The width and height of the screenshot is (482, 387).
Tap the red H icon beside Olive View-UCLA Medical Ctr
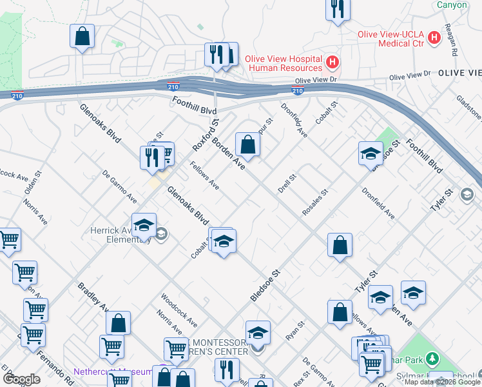[434, 37]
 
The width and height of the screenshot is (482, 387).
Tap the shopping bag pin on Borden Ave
[247, 144]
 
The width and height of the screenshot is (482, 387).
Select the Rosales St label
[316, 202]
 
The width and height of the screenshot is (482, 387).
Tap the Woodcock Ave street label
[179, 306]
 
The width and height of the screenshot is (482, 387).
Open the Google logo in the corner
[21, 379]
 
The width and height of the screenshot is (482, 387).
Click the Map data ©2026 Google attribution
[442, 382]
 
